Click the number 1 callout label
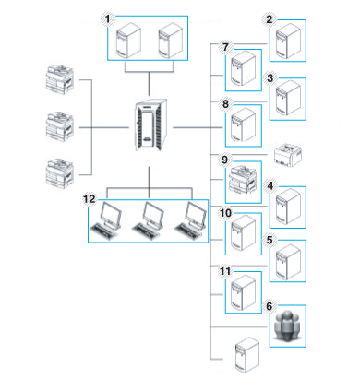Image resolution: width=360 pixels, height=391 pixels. click(x=109, y=18)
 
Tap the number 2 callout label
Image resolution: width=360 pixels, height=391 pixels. click(x=270, y=18)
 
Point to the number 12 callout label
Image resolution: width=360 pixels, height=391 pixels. click(x=90, y=198)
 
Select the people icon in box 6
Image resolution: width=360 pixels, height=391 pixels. click(x=290, y=324)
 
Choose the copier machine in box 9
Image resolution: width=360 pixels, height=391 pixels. click(x=244, y=181)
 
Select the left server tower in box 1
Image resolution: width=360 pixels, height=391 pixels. click(x=127, y=41)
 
